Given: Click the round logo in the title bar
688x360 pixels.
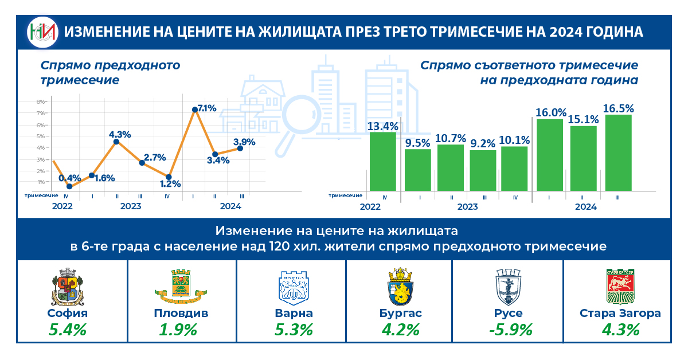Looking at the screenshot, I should pyautogui.click(x=43, y=33).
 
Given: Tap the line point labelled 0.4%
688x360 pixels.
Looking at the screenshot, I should pyautogui.click(x=69, y=186).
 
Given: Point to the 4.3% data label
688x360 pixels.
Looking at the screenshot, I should pyautogui.click(x=120, y=135).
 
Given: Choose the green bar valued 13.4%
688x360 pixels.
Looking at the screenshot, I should pyautogui.click(x=382, y=162).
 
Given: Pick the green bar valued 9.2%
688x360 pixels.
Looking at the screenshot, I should pyautogui.click(x=483, y=170).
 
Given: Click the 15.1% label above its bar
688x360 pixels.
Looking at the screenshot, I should pyautogui.click(x=583, y=120).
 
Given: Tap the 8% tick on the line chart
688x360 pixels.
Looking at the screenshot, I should pyautogui.click(x=41, y=101).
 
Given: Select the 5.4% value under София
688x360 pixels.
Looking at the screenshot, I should pyautogui.click(x=68, y=330).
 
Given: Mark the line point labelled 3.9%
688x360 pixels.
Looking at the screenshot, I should pyautogui.click(x=240, y=148).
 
